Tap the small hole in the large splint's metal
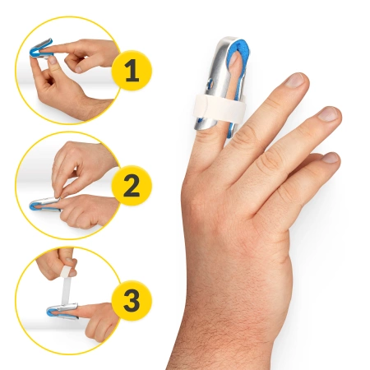[x=207, y=84]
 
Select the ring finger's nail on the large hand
[x=328, y=113]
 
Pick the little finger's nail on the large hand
[x=333, y=156]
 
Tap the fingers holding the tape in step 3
[x=71, y=263]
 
